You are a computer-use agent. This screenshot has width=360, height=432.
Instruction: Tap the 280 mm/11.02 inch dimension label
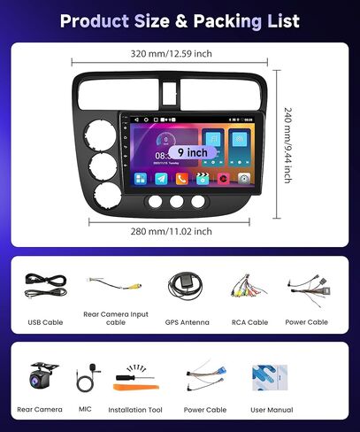(172, 231)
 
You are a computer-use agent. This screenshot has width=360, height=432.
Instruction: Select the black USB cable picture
(46, 285)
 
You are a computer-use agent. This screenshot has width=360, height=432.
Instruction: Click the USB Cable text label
(46, 323)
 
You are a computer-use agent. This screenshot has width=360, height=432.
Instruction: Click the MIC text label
(86, 409)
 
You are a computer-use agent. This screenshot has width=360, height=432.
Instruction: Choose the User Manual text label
(272, 410)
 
